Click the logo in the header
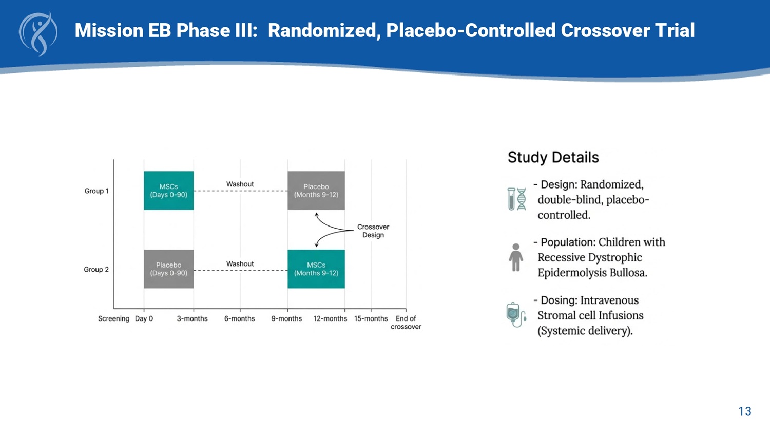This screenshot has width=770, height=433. tap(38, 33)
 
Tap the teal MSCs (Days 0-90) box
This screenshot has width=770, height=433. tap(168, 191)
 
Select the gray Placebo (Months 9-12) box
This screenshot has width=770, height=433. tap(316, 191)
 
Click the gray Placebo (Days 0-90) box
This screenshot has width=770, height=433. tap(168, 269)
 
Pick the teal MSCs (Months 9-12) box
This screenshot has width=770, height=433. tap(316, 269)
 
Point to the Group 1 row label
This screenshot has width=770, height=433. tap(97, 191)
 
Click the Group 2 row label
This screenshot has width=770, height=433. tap(97, 270)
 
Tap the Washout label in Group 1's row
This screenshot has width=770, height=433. tap(240, 184)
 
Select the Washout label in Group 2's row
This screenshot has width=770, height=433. tap(240, 264)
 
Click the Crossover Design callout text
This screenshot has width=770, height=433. tap(373, 231)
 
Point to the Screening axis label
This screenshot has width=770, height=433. tap(113, 319)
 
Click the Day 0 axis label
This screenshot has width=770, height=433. tap(144, 319)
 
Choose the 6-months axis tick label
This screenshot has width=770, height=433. tap(239, 319)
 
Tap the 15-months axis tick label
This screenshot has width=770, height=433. tap(371, 319)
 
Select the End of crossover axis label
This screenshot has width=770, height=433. tap(406, 323)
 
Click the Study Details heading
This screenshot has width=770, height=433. tap(553, 157)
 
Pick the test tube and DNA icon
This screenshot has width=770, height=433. tap(516, 199)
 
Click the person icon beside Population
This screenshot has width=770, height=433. tap(516, 257)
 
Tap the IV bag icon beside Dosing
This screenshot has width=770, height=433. tap(516, 314)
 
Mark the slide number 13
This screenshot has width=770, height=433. tap(744, 411)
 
